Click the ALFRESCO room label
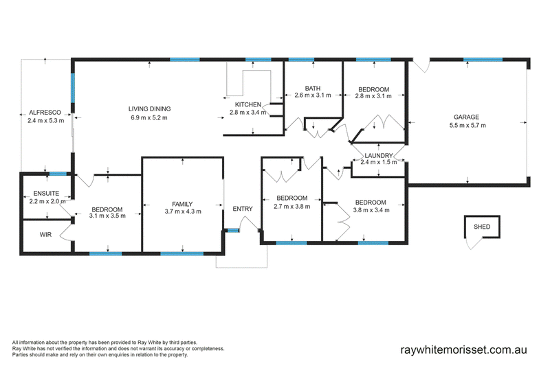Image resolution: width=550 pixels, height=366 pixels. tap(45, 113)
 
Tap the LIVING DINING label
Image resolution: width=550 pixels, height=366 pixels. tap(149, 109)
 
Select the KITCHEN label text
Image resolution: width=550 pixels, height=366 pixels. tap(248, 104)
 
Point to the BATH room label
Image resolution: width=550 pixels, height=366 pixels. tap(313, 89)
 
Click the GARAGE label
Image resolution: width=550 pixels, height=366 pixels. tap(466, 117)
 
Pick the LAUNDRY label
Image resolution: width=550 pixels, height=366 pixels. tap(379, 155)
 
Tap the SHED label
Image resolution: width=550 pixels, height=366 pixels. tap(482, 227)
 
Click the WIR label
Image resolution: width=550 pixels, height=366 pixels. tap(45, 234)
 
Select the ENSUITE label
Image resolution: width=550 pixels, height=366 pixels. tap(46, 194)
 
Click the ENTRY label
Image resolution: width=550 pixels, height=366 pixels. tap(243, 209)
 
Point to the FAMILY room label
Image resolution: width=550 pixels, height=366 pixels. tap(182, 204)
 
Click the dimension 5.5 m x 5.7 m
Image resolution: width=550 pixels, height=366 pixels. tap(467, 125)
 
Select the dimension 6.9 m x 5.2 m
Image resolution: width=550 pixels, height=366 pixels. tap(149, 117)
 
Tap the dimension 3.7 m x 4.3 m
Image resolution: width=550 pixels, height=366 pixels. tap(183, 211)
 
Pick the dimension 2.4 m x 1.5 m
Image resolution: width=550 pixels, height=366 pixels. tap(379, 162)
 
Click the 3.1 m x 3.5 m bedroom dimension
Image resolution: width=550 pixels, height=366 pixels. tap(107, 216)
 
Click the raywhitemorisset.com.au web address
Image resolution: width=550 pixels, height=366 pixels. tap(463, 350)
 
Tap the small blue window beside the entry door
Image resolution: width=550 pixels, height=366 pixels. tap(232, 230)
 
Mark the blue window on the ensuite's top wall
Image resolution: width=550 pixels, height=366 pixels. tap(58, 174)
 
